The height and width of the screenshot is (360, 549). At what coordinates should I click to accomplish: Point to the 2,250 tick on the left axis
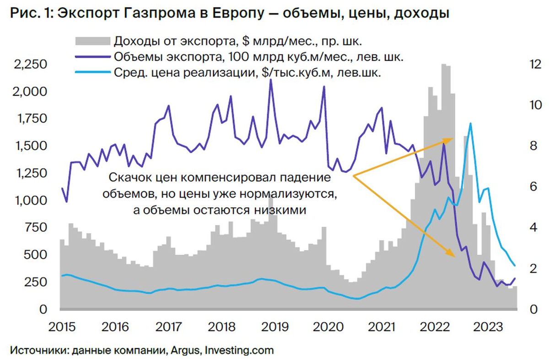point(32,64)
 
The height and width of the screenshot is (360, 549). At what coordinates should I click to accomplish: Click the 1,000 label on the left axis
point(32,200)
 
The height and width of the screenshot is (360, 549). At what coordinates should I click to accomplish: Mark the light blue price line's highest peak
point(470,123)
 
